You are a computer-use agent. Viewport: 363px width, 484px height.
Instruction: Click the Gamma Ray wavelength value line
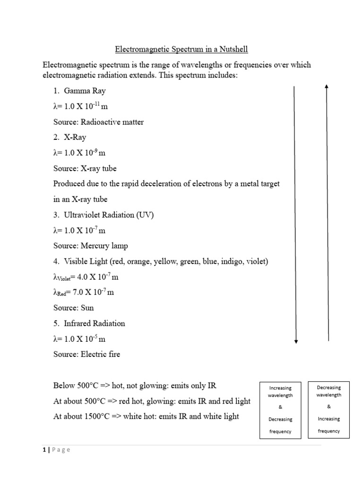[x=80, y=106]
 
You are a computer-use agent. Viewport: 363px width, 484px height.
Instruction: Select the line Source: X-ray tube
[x=85, y=168]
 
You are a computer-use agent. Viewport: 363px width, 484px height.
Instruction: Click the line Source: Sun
[x=74, y=308]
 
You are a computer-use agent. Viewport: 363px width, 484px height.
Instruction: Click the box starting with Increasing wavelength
[x=280, y=409]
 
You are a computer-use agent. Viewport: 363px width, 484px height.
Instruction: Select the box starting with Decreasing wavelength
[x=328, y=409]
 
